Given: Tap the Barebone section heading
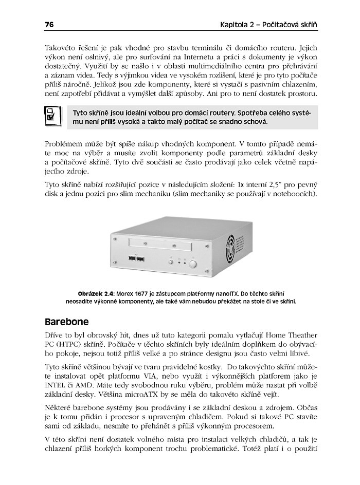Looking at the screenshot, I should point(67,322).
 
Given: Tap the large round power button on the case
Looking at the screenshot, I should point(193,264).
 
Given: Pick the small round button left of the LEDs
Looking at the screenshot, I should point(169,263).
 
